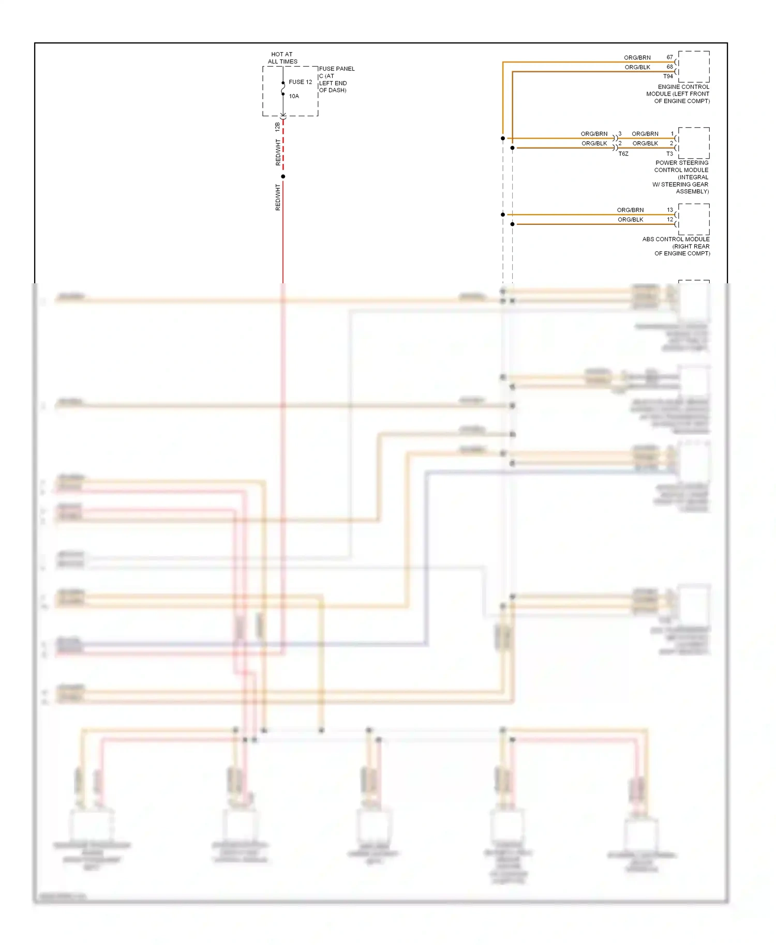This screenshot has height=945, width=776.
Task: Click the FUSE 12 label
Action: pos(300,82)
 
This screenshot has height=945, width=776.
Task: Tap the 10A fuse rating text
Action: pos(294,96)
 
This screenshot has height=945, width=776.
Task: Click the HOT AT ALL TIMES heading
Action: pos(282,58)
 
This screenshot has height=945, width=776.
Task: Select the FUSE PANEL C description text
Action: pos(337,79)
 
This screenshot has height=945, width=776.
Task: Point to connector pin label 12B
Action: pos(277,126)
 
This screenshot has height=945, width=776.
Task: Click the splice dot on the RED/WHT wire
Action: pos(283,177)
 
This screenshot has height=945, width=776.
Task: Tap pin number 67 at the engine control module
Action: pos(670,57)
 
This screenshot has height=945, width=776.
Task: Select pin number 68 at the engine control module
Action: pos(670,67)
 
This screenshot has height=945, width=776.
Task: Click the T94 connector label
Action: pos(668,77)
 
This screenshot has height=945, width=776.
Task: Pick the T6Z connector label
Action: pos(623,154)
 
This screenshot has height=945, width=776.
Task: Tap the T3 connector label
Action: pos(669,154)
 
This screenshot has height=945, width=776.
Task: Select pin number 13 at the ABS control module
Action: pos(670,210)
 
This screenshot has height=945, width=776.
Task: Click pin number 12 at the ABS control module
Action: pos(670,220)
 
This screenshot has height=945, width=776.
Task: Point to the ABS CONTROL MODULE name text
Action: pos(677,247)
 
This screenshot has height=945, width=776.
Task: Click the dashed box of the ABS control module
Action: pos(694,219)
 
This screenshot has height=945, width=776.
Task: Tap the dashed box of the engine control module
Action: pos(694,67)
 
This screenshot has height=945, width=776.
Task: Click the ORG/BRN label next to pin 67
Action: pos(637,58)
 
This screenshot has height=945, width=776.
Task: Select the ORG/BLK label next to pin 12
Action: pos(631,220)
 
